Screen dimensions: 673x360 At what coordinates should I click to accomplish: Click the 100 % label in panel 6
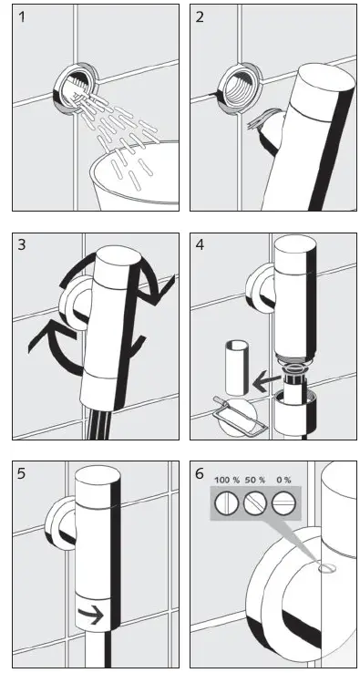tap(226, 480)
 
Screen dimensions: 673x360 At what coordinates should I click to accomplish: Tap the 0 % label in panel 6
tap(283, 480)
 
